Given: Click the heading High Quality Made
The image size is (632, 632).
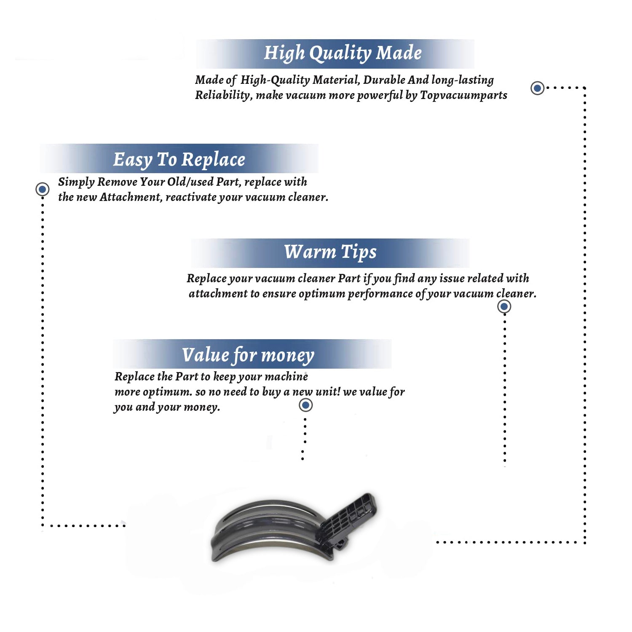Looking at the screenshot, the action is tap(343, 54).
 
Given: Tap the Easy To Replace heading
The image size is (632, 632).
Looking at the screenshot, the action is tap(179, 160).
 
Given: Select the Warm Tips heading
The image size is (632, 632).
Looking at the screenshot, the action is tap(330, 252).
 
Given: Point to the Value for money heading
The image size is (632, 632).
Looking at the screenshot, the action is tap(248, 355).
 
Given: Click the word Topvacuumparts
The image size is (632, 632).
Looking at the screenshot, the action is tap(463, 95).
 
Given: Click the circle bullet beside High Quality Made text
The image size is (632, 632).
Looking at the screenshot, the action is tap(537, 88).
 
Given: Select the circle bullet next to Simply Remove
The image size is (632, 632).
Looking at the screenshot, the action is tap(42, 189).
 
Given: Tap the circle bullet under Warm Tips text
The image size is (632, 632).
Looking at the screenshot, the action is tap(504, 306).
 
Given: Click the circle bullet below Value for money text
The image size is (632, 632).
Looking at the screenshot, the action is tap(305, 405).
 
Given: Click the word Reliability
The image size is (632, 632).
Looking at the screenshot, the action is tap(224, 95).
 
